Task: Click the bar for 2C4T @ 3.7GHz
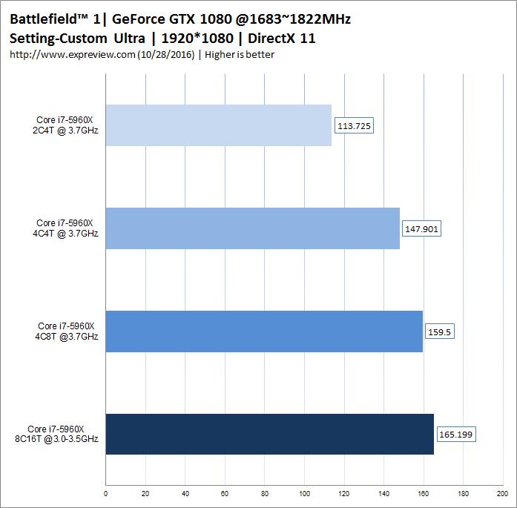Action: point(219,125)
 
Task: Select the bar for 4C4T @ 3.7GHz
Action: point(253,228)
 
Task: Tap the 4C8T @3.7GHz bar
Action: point(264,331)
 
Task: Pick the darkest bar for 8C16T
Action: point(270,434)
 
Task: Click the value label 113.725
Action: point(354,126)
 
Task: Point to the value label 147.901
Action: point(421,229)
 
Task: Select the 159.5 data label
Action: point(438,332)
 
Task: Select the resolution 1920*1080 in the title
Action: point(196,39)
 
